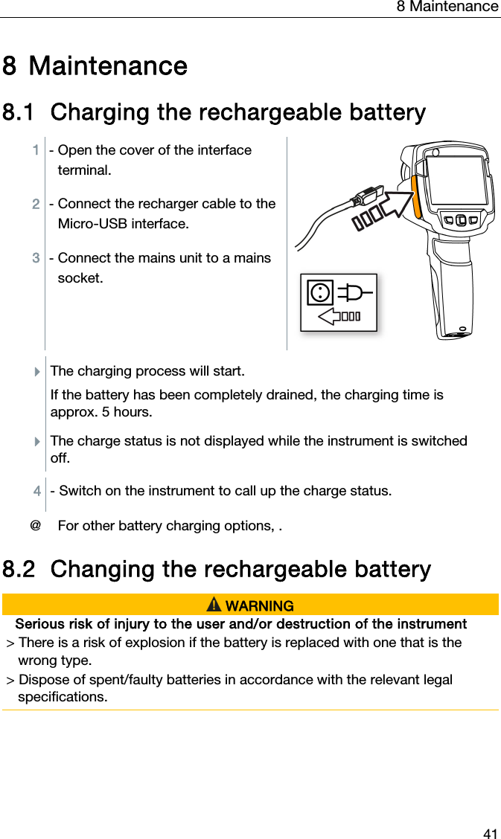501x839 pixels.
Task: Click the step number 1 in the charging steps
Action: (x=36, y=150)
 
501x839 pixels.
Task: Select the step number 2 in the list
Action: (x=36, y=204)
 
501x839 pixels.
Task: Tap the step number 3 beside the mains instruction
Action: (x=36, y=258)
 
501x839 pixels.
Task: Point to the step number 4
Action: (x=37, y=491)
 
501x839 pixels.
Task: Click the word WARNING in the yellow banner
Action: (x=259, y=606)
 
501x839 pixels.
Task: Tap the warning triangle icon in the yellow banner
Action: (x=214, y=605)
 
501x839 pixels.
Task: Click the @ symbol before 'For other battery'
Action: (x=34, y=526)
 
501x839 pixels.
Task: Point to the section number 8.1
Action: (x=19, y=113)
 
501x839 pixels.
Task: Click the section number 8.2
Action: (x=19, y=570)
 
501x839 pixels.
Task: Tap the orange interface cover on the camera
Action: (x=417, y=196)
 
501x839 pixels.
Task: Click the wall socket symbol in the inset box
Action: (x=320, y=292)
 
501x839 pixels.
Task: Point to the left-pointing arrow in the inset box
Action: (x=339, y=316)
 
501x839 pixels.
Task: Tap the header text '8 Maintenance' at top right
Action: (x=447, y=7)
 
